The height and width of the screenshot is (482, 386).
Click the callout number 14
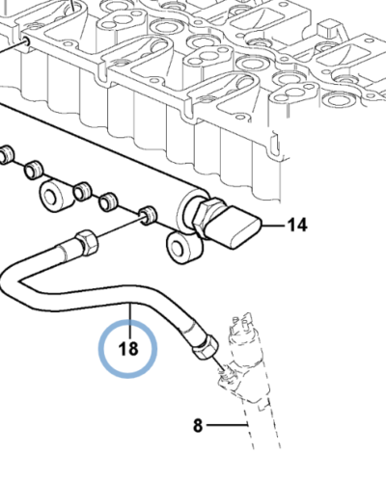296,226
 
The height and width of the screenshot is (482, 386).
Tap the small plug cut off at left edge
4,153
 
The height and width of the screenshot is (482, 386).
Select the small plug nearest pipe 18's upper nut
149,214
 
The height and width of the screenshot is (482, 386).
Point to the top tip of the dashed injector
247,316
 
